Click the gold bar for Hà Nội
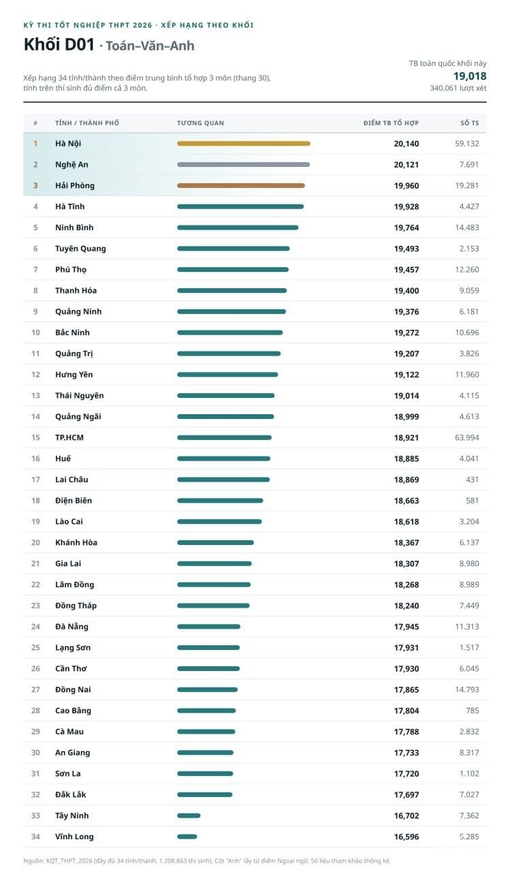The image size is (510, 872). coord(244,144)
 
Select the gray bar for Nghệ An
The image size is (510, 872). coord(244,165)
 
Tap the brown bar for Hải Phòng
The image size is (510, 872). coord(241,186)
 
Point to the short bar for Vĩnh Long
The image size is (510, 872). coord(187,837)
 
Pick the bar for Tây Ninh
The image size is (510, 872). coord(189,815)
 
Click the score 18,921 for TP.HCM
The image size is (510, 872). coord(406,437)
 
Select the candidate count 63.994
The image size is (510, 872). coord(467,437)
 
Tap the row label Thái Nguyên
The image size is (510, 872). coord(80,396)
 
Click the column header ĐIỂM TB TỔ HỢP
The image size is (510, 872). coord(391,123)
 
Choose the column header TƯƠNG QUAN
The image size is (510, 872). coord(200,123)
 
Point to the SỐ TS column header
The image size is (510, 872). coord(470,123)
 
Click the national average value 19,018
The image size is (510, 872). coord(470,76)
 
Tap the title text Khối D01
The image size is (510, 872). coord(59,45)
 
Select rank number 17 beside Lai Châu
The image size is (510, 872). coord(35,480)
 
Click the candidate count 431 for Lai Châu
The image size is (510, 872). coord(473,480)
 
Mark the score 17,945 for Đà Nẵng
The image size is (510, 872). coord(406,627)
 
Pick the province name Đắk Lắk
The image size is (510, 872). coord(70,794)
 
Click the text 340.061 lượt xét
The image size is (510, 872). coord(458,89)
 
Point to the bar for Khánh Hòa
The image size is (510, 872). coord(216,543)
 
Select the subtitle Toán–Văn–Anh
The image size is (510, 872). coord(150,46)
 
